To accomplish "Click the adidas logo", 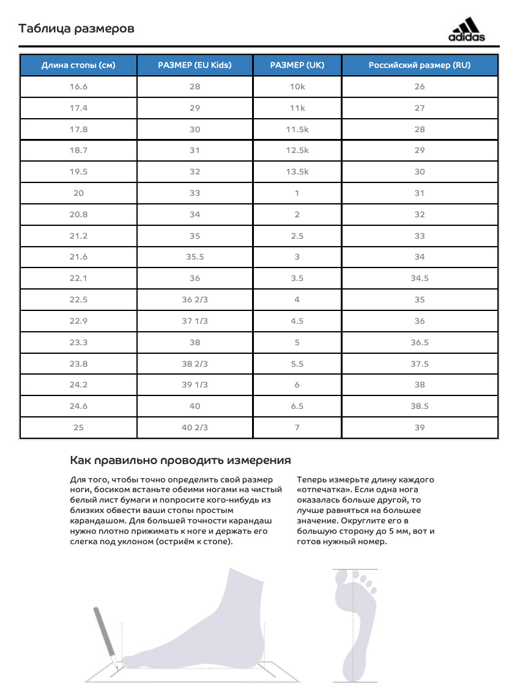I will click(466, 31).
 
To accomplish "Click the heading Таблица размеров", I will click(76, 29).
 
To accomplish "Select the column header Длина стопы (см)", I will click(78, 65).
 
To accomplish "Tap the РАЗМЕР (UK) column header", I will click(297, 65).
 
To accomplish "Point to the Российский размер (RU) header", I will click(419, 65).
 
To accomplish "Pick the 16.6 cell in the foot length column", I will click(78, 86).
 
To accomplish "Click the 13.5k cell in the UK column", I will click(297, 171).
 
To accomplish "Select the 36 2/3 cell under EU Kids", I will click(195, 299).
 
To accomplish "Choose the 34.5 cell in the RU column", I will click(419, 278).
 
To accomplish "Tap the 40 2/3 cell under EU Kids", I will click(195, 427).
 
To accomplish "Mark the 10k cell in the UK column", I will click(297, 86).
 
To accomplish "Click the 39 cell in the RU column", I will click(419, 427).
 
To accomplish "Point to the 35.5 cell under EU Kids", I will click(195, 257).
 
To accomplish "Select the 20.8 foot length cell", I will click(78, 214).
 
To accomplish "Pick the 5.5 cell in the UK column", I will click(297, 364).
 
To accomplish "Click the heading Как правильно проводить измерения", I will click(180, 460).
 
